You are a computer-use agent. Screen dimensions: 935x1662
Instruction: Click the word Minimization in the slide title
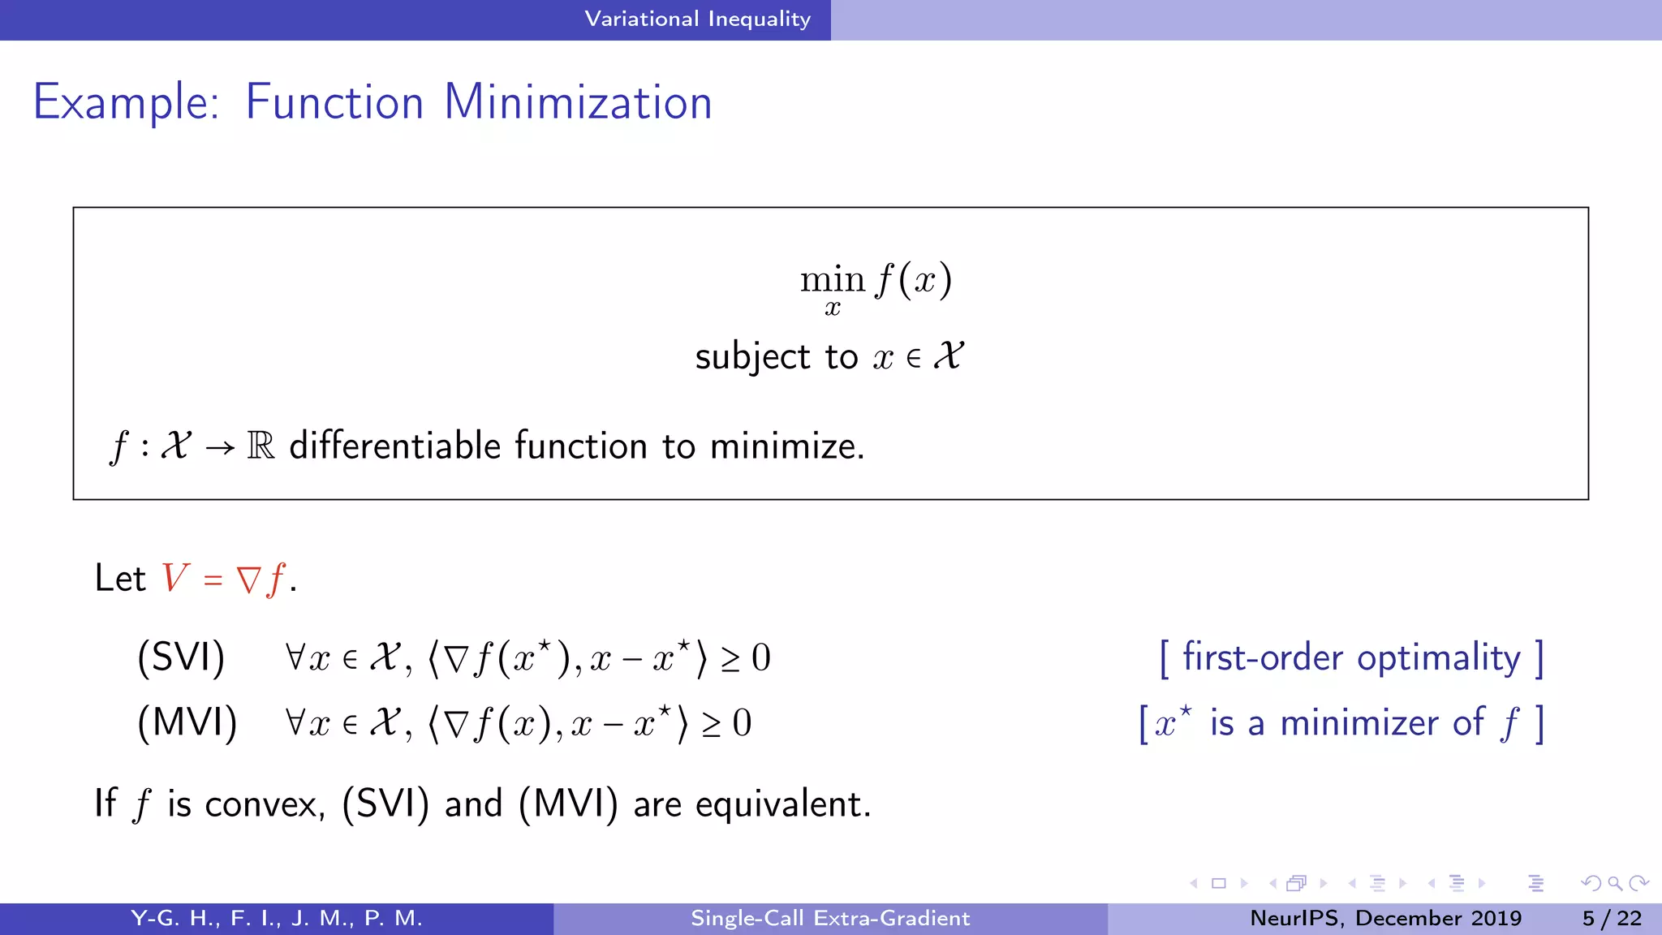tap(578, 102)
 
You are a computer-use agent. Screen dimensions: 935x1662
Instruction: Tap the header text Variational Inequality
tap(697, 19)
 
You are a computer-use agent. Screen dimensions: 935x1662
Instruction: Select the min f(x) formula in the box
tap(875, 280)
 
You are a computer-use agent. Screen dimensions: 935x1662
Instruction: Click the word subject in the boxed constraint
tap(752, 357)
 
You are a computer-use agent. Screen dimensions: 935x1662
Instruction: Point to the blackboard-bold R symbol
tap(260, 446)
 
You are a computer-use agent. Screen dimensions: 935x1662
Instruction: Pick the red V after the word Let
tap(174, 578)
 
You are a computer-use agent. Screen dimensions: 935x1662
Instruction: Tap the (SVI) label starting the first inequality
tap(181, 657)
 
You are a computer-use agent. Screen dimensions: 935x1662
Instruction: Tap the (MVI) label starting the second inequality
tap(187, 722)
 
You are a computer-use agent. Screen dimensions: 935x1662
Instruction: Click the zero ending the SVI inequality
tap(760, 657)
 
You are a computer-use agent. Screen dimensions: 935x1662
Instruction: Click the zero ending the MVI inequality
tap(742, 723)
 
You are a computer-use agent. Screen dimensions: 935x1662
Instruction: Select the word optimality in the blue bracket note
tap(1438, 657)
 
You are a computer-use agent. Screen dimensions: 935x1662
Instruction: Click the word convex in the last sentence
tap(265, 804)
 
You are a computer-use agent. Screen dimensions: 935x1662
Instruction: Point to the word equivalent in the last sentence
tap(782, 804)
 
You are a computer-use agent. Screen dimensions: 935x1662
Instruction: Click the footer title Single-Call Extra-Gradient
tap(830, 918)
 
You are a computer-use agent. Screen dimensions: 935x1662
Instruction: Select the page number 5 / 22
tap(1612, 918)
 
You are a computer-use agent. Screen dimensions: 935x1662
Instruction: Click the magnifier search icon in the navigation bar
tap(1615, 883)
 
